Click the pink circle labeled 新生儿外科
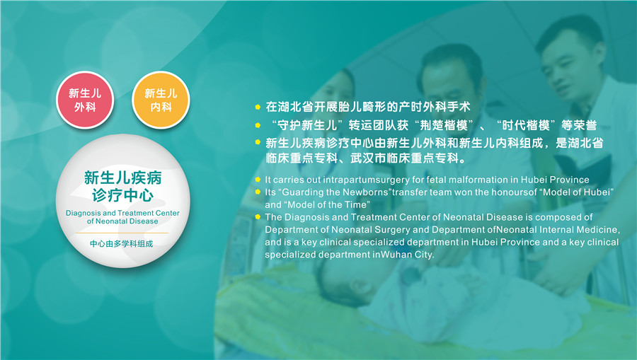click(85, 100)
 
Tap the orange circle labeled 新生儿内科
click(161, 100)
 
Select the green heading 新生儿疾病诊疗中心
click(122, 186)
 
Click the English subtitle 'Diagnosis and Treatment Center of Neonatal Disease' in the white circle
click(122, 217)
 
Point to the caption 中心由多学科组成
click(122, 243)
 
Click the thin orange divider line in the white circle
click(122, 233)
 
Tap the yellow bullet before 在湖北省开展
click(258, 107)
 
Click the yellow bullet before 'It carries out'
click(258, 180)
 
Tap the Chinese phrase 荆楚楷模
click(444, 125)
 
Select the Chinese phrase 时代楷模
click(526, 125)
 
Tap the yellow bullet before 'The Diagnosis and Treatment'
click(258, 216)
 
